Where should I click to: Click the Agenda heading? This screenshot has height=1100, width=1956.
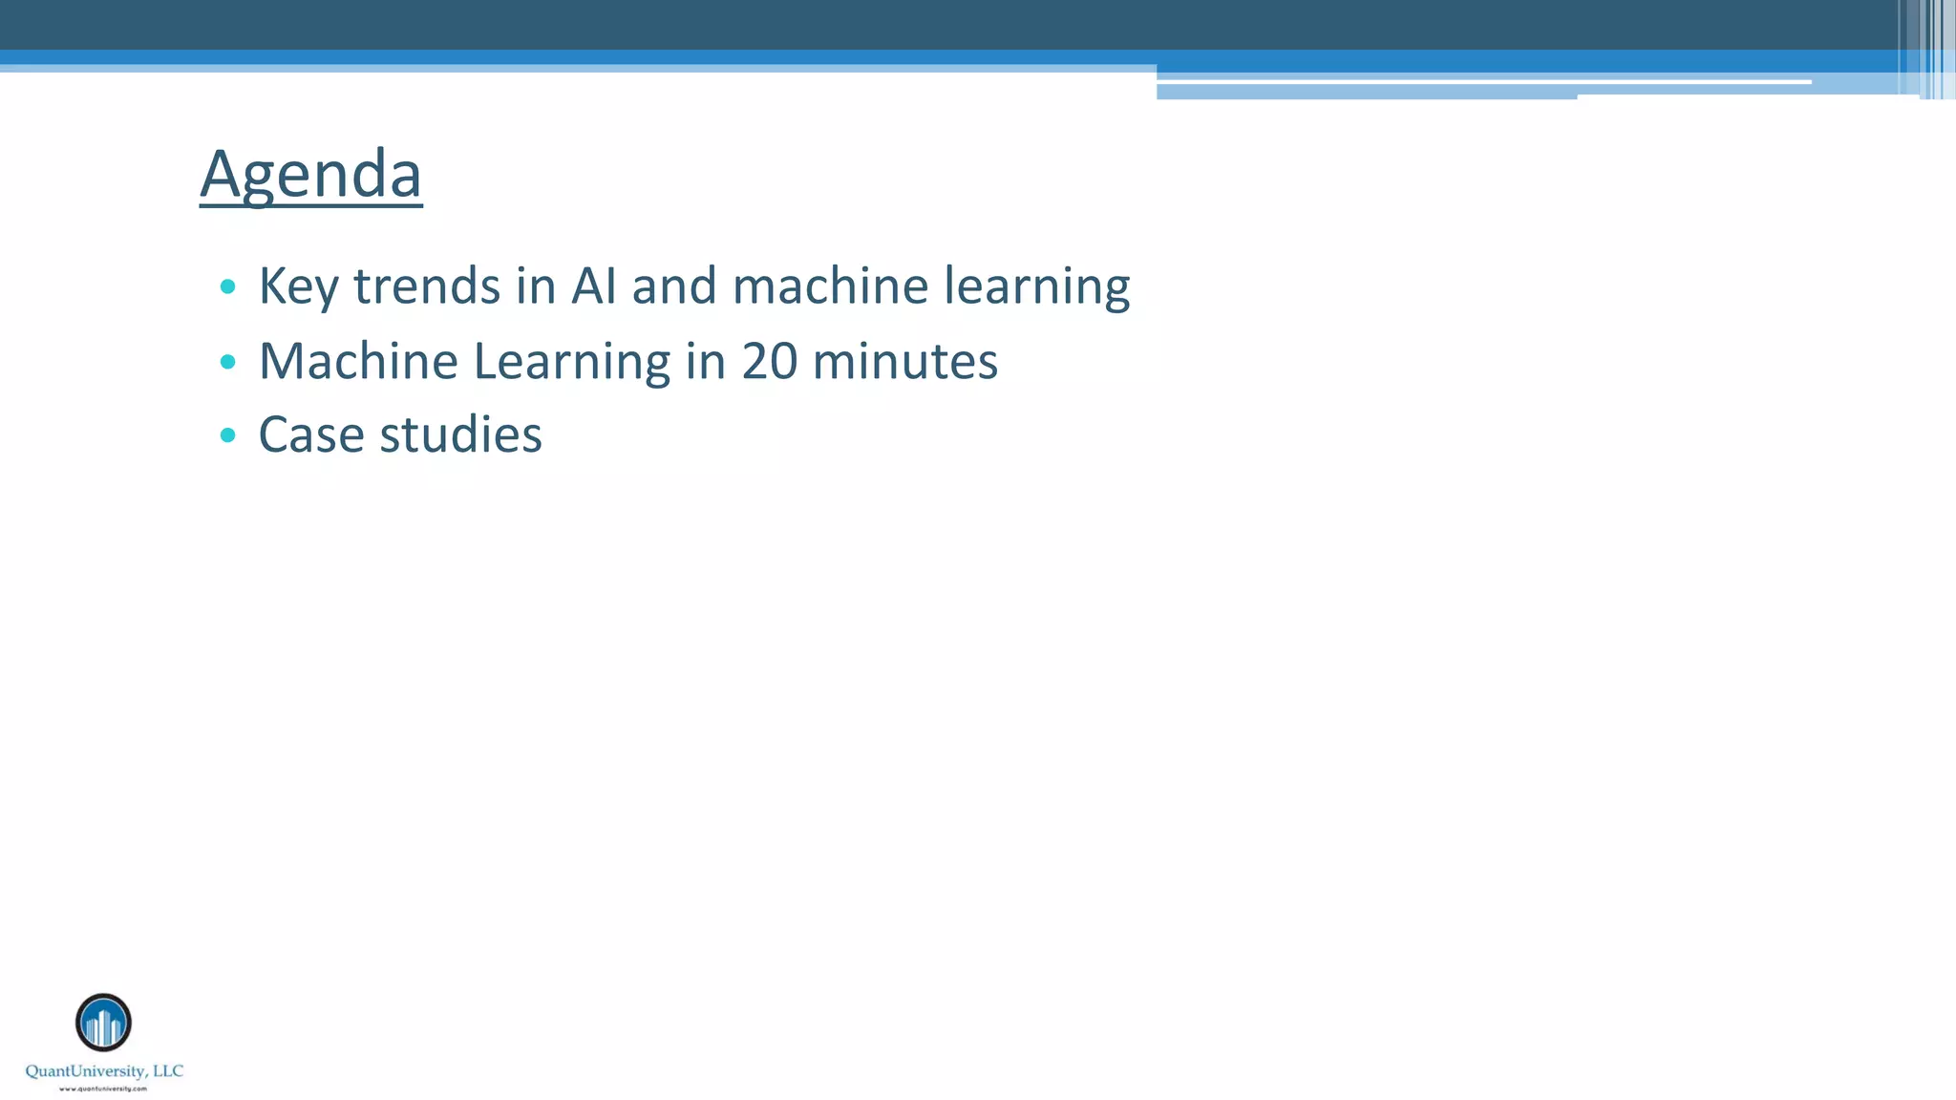(310, 174)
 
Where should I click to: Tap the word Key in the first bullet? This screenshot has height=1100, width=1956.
(298, 286)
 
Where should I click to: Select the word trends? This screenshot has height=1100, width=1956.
(427, 286)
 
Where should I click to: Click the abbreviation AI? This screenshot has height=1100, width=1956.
(593, 286)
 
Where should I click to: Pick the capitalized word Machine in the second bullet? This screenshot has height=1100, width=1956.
(358, 361)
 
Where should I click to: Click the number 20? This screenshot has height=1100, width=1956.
(769, 361)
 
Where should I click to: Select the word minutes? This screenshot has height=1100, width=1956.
(904, 361)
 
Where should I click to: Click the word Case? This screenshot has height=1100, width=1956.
(311, 435)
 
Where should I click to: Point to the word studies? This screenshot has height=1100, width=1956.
(460, 435)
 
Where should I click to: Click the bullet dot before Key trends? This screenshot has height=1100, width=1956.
(227, 286)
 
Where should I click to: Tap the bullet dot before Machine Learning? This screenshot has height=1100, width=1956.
(227, 362)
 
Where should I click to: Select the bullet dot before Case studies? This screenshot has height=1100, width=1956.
(227, 435)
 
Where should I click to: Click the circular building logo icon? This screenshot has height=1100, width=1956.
(103, 1023)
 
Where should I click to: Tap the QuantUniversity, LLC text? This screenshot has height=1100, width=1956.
(104, 1071)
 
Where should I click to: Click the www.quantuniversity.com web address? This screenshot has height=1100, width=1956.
(103, 1089)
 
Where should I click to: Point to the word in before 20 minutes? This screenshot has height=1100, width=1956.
(706, 361)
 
